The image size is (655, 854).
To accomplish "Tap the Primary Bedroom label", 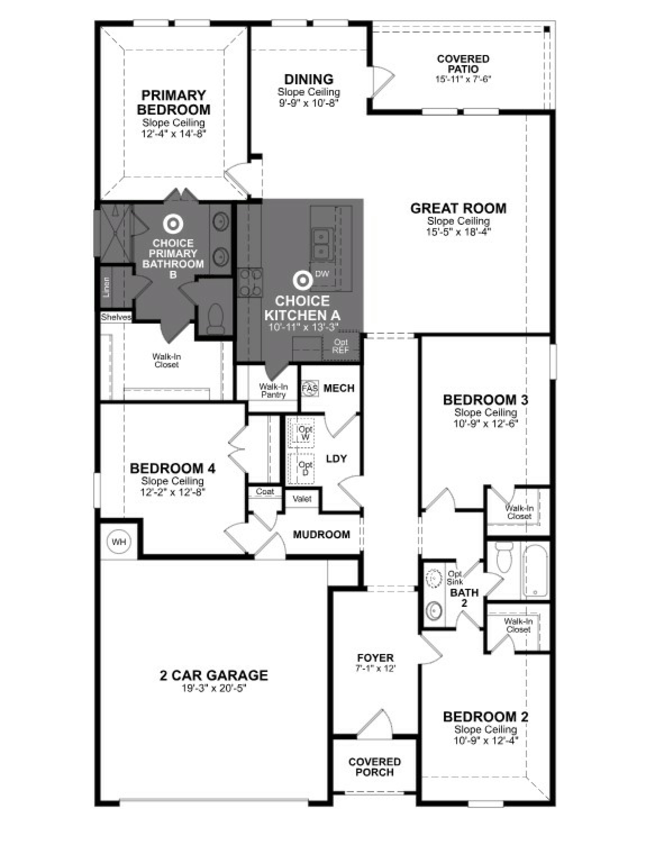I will [173, 102].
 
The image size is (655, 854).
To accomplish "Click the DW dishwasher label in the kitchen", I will [322, 274].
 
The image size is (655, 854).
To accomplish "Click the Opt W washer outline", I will [301, 433].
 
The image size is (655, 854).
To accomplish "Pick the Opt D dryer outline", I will [301, 468].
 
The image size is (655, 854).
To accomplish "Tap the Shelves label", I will [116, 317].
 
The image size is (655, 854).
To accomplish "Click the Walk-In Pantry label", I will [273, 390].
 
